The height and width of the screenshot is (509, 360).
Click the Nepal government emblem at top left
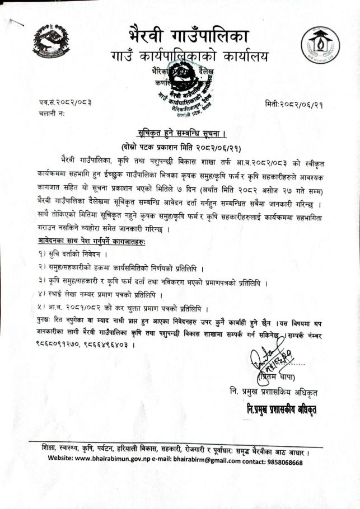52,42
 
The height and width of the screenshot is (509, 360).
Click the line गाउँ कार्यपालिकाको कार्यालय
190,56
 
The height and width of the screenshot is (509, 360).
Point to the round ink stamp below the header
184,85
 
